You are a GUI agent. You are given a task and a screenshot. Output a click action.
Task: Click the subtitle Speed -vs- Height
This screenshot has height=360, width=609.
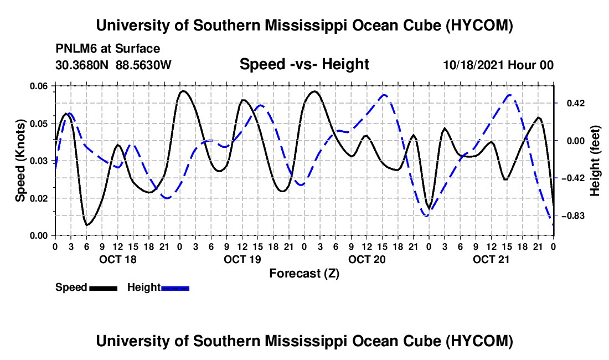point(304,64)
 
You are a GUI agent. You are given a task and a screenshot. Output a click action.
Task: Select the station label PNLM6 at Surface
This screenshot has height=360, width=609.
point(107,49)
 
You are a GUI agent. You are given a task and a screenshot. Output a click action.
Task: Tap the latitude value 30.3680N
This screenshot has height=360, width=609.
point(81,65)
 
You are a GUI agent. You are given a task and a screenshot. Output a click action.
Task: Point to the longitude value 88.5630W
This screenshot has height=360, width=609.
point(143,65)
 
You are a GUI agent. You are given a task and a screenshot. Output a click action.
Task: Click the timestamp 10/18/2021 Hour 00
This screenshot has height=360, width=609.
point(498,65)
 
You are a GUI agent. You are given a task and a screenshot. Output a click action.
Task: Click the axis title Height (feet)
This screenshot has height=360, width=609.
point(595,161)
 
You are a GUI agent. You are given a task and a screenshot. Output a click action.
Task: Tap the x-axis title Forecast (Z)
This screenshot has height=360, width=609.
point(304,274)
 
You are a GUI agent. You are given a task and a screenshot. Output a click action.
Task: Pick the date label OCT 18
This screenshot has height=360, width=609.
point(118,259)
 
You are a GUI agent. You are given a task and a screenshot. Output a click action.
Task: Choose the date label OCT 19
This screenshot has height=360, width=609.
point(242,259)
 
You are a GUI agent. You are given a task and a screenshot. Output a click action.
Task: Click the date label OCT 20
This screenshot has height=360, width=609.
point(367,259)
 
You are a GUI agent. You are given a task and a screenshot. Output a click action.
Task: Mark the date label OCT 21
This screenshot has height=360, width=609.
point(491,259)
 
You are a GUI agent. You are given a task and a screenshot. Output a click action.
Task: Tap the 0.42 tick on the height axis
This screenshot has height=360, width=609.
point(576,104)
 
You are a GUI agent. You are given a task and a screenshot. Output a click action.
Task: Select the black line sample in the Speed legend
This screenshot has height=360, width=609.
point(104,289)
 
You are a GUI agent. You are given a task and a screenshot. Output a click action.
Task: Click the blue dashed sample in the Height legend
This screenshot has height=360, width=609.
point(175,289)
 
